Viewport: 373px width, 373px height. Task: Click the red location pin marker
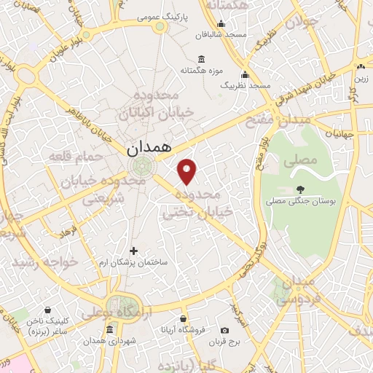tap(187, 170)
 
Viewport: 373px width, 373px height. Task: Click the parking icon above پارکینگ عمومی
tap(158, 27)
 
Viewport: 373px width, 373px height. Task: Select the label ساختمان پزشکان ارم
tap(133, 262)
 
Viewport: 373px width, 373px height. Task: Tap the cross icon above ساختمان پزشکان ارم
tap(133, 251)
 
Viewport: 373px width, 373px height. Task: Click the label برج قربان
tap(234, 341)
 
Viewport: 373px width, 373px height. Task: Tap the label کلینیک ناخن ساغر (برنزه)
tap(48, 326)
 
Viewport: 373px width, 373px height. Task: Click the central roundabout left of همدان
tap(144, 165)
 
